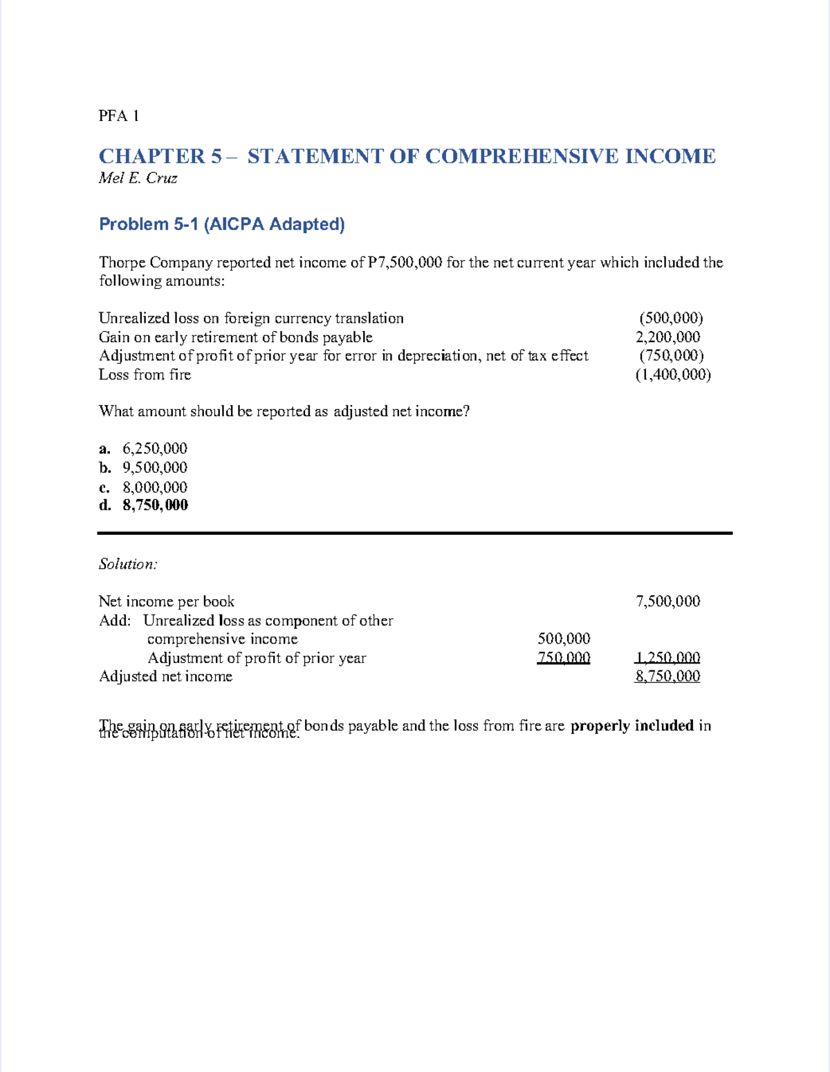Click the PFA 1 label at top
point(118,116)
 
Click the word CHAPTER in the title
point(151,156)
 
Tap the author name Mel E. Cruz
point(138,178)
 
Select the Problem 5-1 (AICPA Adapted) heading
point(221,224)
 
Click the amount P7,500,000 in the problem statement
point(405,263)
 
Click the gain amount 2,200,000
point(667,337)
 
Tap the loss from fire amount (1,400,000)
point(672,375)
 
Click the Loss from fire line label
point(145,375)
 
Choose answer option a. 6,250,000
point(143,449)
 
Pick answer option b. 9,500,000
point(143,468)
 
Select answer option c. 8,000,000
point(143,487)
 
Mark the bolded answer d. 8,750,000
point(143,505)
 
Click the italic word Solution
point(128,565)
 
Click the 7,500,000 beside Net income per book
point(667,601)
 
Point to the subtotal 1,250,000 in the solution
point(667,658)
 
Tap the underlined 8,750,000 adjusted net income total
point(667,677)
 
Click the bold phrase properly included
point(631,726)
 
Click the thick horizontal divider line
point(414,533)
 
